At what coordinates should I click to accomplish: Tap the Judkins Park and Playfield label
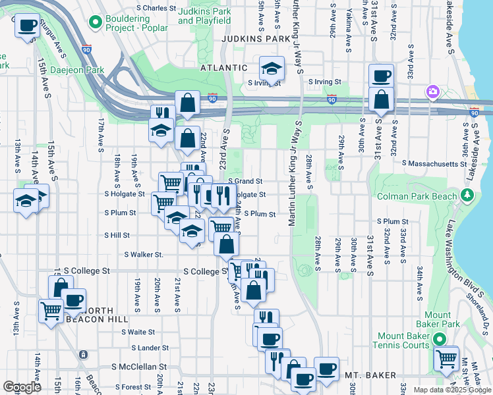[x=204, y=16]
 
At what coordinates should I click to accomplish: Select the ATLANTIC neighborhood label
[x=225, y=68]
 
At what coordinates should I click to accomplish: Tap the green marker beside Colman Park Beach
[x=468, y=195]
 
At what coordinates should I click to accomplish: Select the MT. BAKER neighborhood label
[x=371, y=375]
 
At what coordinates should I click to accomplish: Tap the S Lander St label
[x=150, y=348]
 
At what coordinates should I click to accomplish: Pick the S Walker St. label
[x=143, y=254]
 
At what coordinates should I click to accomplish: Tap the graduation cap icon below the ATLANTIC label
[x=271, y=68]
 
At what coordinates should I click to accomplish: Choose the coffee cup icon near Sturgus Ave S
[x=27, y=26]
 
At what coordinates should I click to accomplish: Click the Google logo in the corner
[x=22, y=386]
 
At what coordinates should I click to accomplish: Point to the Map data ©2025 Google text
[x=451, y=390]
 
